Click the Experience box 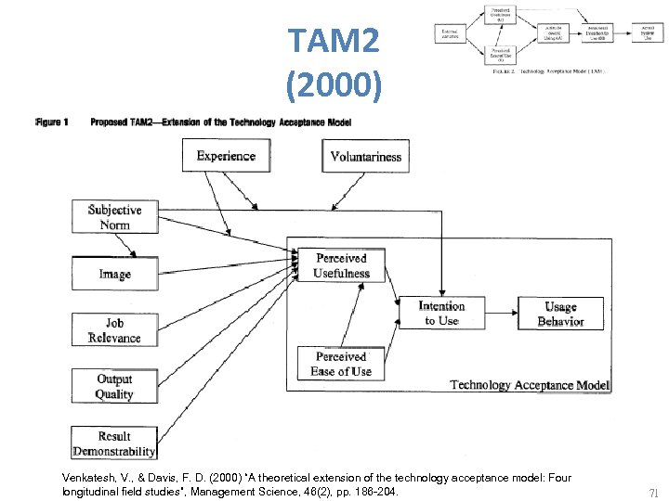coord(226,156)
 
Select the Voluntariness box coord(365,156)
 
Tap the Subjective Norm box coord(114,217)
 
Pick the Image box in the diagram coord(114,274)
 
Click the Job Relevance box coord(114,330)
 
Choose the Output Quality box coord(114,386)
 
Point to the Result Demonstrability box coord(114,443)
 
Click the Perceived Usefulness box coord(341,266)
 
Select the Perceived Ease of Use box coord(341,364)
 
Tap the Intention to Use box coord(441,314)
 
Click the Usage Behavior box coord(560,314)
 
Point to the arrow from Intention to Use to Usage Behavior coord(502,314)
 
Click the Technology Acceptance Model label coord(530,385)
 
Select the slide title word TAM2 coord(334,40)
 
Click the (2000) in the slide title coord(334,85)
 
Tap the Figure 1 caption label coord(52,122)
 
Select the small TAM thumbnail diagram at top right coord(548,38)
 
